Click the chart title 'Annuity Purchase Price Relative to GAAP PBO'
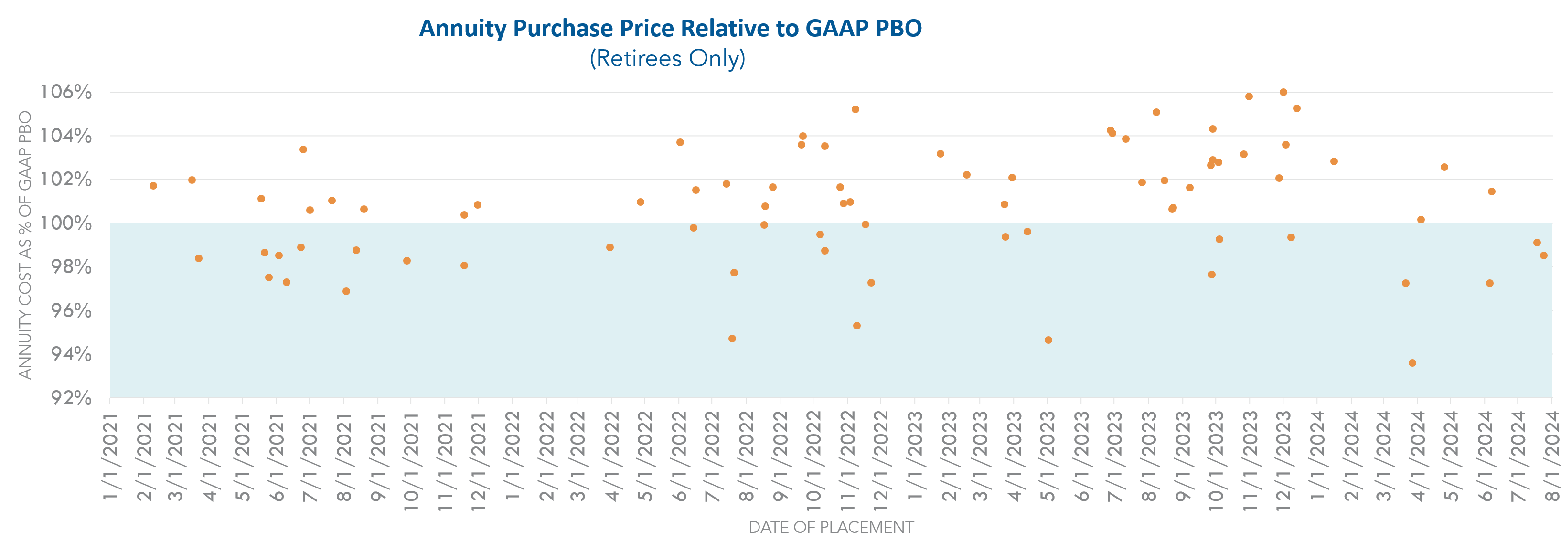(x=670, y=29)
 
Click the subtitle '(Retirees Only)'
(x=667, y=58)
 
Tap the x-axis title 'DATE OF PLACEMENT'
(x=831, y=527)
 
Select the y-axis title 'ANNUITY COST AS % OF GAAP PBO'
(x=25, y=245)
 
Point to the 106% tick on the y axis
(x=66, y=92)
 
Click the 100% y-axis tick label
(x=66, y=223)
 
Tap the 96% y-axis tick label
(x=71, y=311)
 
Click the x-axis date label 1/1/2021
(x=110, y=457)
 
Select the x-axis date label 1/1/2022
(x=513, y=457)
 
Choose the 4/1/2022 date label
(x=612, y=457)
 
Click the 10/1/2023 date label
(x=1216, y=460)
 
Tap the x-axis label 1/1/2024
(x=1317, y=457)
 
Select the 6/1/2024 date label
(x=1485, y=457)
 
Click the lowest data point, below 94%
(x=1412, y=363)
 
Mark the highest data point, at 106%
(x=1283, y=92)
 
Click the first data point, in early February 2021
(x=153, y=185)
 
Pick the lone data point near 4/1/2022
(x=610, y=247)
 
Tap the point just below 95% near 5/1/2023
(x=1048, y=340)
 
